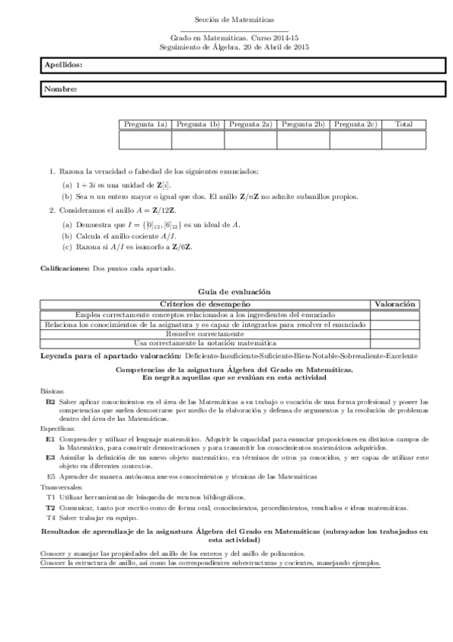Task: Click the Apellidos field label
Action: (x=64, y=66)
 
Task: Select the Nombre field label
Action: (x=61, y=89)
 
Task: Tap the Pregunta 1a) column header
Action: (x=145, y=124)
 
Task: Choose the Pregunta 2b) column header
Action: (x=303, y=124)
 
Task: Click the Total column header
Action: (x=404, y=124)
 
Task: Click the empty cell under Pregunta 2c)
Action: (x=355, y=139)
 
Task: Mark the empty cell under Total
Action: (x=404, y=139)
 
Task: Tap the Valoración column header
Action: (x=395, y=304)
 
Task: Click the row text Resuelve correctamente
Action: (x=205, y=333)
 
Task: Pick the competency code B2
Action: (x=50, y=402)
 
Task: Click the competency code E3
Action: (x=50, y=458)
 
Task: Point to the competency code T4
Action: (x=51, y=517)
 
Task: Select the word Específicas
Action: (x=57, y=429)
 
